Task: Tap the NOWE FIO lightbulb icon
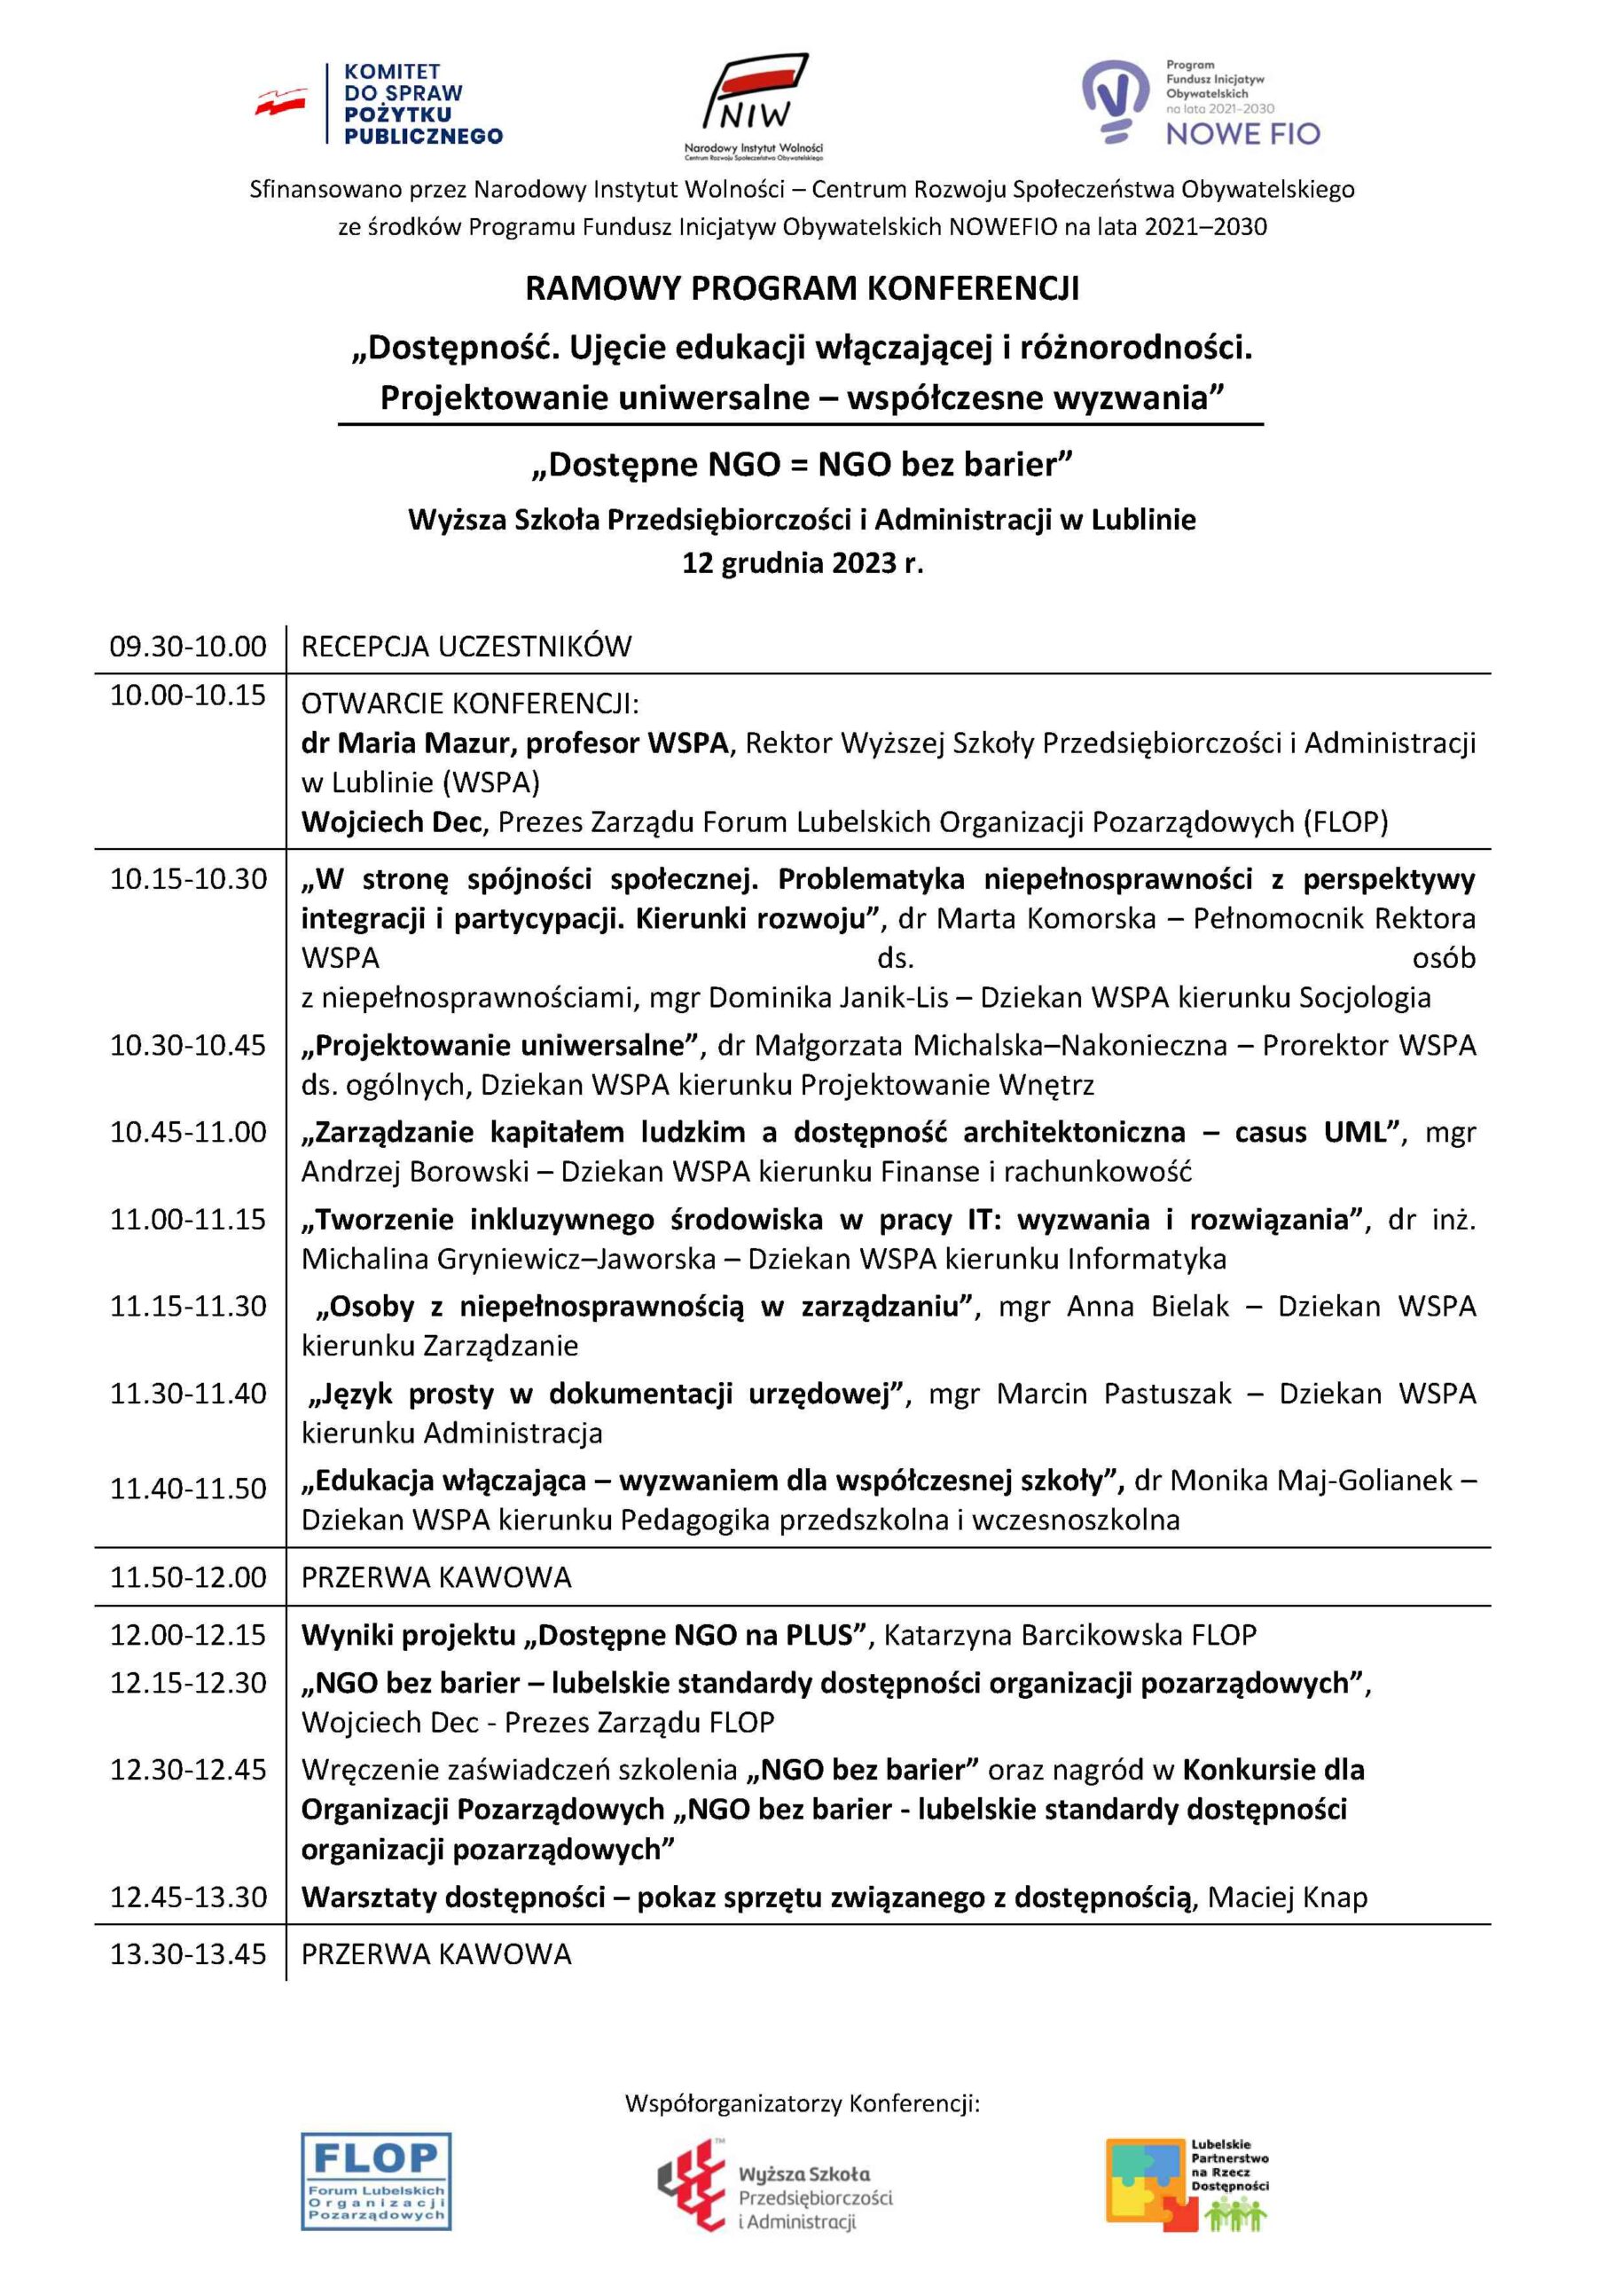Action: tap(1116, 101)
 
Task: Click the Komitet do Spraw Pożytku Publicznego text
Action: tap(422, 104)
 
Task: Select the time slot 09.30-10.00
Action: tap(188, 647)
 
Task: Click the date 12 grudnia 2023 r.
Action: tap(802, 564)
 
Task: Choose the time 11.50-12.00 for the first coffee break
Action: tap(188, 1576)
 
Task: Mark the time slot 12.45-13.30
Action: tap(188, 1898)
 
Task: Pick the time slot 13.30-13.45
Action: tap(188, 1954)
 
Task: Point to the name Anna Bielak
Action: tap(1148, 1307)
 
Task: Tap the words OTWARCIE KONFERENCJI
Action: tap(470, 704)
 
